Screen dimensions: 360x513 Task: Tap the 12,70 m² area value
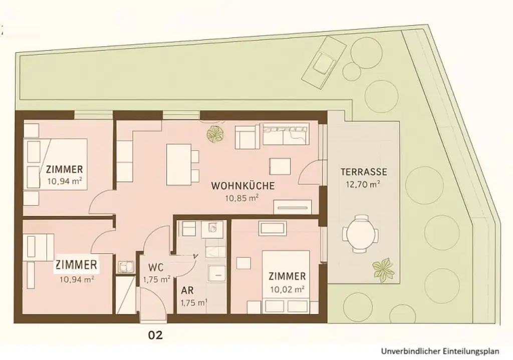coord(363,183)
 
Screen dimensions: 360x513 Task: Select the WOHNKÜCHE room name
coord(242,186)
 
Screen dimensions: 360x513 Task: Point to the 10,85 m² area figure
coord(242,197)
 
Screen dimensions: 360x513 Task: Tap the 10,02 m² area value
coord(288,289)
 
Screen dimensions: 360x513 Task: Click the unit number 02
coord(155,335)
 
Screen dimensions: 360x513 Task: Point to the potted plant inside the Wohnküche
coord(216,134)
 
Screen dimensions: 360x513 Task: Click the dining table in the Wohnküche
coord(178,164)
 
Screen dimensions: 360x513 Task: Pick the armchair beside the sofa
coord(246,138)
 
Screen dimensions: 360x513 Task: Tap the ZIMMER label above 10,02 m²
coord(287,276)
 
